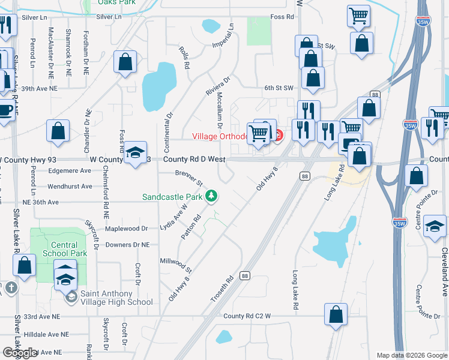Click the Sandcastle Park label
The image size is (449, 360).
point(172,196)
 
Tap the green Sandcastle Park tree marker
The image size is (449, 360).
point(211,196)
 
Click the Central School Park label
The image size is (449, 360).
point(64,249)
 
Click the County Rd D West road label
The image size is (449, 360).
point(194,160)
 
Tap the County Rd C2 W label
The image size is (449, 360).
point(247,316)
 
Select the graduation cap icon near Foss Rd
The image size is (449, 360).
point(135,153)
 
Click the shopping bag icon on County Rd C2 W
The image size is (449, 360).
point(336,314)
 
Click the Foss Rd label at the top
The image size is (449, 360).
point(282,17)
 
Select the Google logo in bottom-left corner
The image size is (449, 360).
point(19,353)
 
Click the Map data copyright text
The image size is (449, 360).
point(412,355)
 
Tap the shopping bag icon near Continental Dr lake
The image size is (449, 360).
point(125,62)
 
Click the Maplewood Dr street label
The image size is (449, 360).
point(126,229)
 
